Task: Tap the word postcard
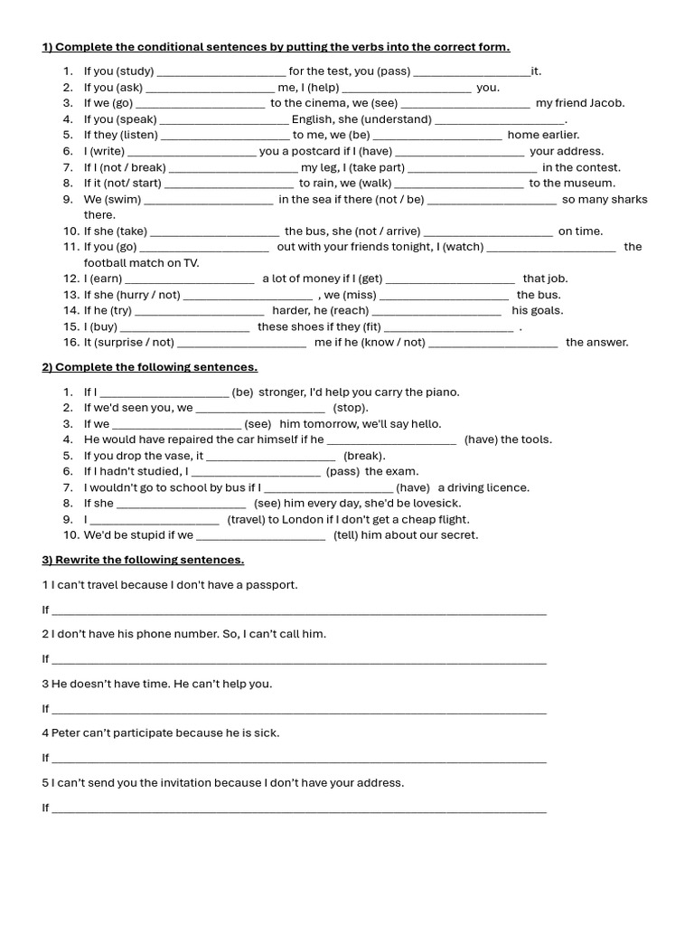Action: click(x=305, y=151)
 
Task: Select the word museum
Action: click(x=593, y=183)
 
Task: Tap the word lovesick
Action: click(x=437, y=503)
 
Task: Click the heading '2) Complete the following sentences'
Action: click(x=149, y=366)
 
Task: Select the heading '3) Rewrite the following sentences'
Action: click(x=143, y=560)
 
